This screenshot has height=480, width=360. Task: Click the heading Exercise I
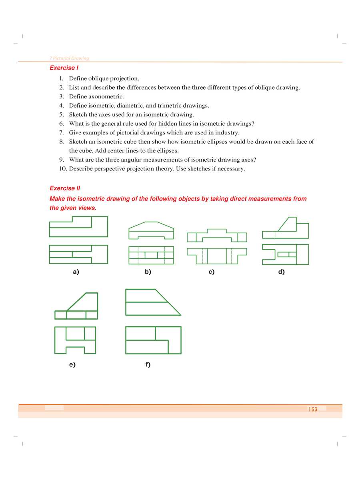[x=64, y=68]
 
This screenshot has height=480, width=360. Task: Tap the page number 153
[x=313, y=409]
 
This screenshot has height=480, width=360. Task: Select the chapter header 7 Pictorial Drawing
[x=69, y=58]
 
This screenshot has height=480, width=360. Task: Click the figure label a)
[x=76, y=272]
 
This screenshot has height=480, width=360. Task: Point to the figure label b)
[x=148, y=272]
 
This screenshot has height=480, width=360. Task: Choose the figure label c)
[x=211, y=272]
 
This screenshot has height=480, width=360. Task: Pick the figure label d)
[x=281, y=272]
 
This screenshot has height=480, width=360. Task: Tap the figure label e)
[x=72, y=364]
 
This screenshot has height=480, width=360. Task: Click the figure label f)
[x=148, y=364]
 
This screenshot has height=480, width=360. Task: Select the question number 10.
[x=63, y=169]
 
